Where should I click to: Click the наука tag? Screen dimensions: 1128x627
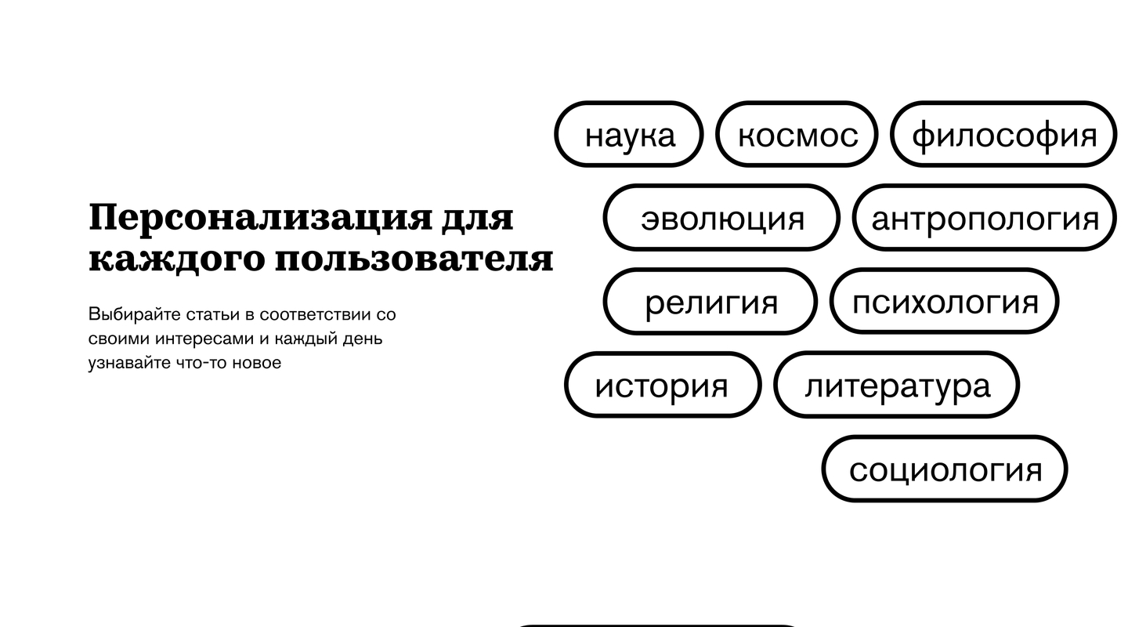click(629, 134)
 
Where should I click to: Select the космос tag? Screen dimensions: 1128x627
click(797, 134)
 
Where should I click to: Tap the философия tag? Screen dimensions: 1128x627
click(1003, 134)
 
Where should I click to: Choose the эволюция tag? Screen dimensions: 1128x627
click(721, 218)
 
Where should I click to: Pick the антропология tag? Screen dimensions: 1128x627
click(985, 218)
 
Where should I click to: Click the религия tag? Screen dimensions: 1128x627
click(710, 302)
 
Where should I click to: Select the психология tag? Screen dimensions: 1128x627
click(944, 302)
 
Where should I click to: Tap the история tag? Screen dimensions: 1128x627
click(663, 385)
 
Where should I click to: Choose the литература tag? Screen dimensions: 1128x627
click(897, 385)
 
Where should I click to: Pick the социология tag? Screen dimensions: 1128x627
click(945, 469)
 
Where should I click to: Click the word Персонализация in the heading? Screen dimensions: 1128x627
click(260, 218)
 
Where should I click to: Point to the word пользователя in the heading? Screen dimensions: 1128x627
click(414, 259)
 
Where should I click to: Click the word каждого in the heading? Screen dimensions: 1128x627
click(176, 259)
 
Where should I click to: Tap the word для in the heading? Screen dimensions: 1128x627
click(478, 218)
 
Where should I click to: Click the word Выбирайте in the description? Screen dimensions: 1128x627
click(135, 314)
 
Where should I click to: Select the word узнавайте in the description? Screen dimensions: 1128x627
click(129, 363)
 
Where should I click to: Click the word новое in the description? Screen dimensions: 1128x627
click(256, 363)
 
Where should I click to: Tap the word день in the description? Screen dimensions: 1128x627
click(362, 339)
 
